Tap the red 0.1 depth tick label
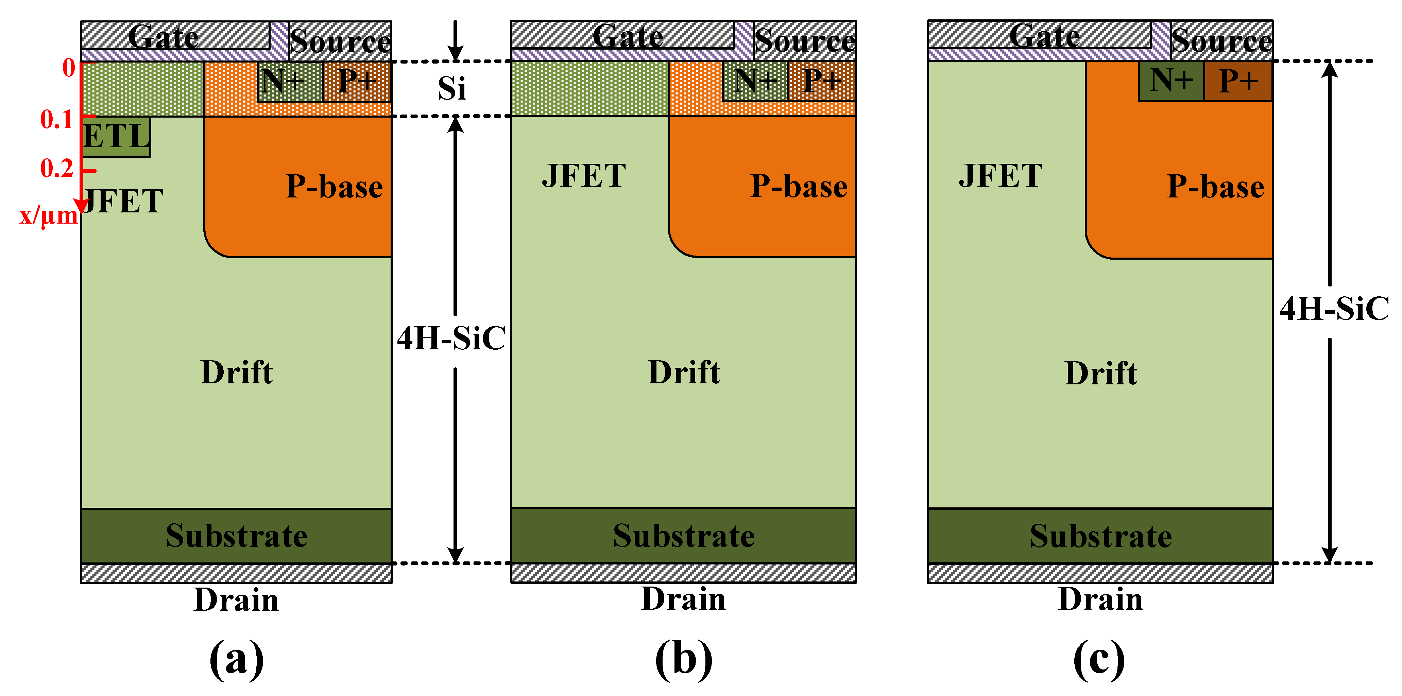56,119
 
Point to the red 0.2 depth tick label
56,168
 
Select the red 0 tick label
69,68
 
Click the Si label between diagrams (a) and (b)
452,88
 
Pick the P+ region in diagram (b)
821,82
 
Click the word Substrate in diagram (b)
684,536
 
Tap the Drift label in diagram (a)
236,373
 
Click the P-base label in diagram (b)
799,187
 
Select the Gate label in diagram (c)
1044,37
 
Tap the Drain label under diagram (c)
1100,600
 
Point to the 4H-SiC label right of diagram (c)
1333,309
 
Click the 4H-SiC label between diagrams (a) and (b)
451,338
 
